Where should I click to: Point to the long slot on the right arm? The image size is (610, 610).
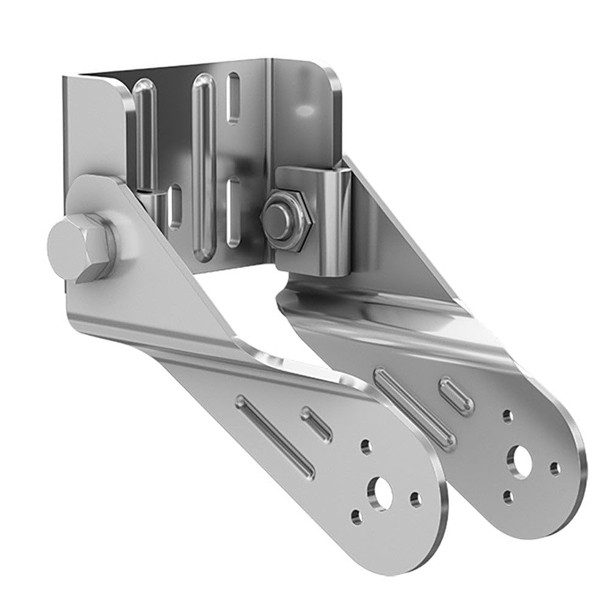[x=414, y=405]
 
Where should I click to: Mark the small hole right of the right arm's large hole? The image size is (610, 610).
[x=554, y=468]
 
